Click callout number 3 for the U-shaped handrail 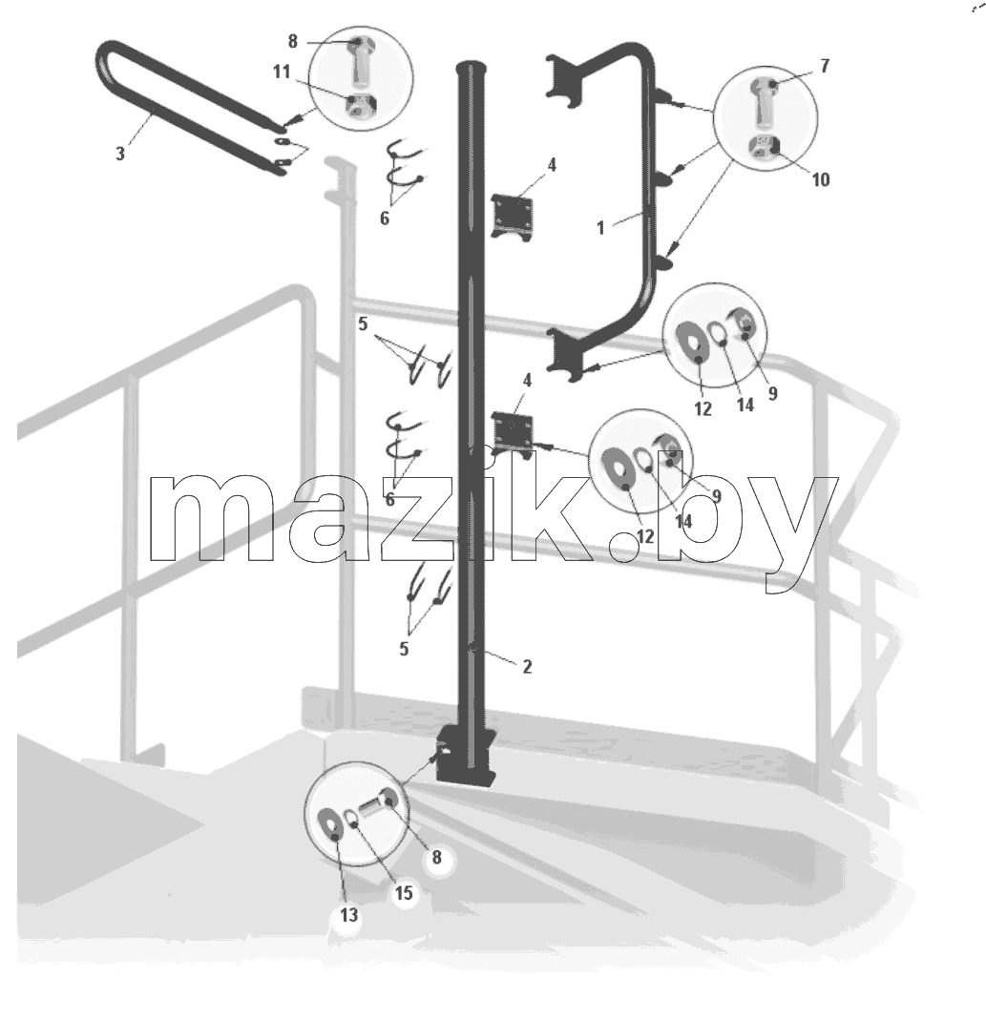119,154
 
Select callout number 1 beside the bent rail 600,228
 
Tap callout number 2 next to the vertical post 527,666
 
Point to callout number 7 825,66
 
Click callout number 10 821,179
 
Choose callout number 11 282,72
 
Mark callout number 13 348,915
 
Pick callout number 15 404,892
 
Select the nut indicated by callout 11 357,107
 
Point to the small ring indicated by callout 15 351,817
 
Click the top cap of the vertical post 472,68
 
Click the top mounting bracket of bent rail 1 563,81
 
